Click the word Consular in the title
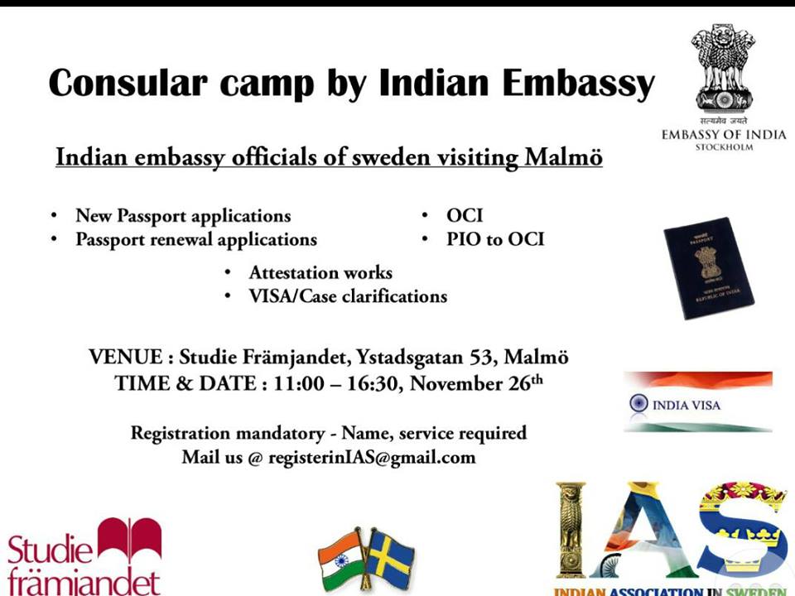click(x=128, y=82)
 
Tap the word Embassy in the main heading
click(x=579, y=84)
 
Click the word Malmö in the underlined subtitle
click(x=563, y=156)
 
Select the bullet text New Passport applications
click(x=183, y=216)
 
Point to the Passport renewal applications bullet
click(x=196, y=240)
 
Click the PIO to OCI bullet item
click(x=495, y=239)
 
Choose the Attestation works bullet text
click(x=320, y=272)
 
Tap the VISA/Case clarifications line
click(x=348, y=296)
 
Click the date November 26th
click(x=476, y=383)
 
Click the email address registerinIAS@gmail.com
click(x=372, y=458)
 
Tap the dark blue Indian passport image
click(x=709, y=268)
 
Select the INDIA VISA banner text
click(x=686, y=405)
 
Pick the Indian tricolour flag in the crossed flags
click(x=340, y=556)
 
